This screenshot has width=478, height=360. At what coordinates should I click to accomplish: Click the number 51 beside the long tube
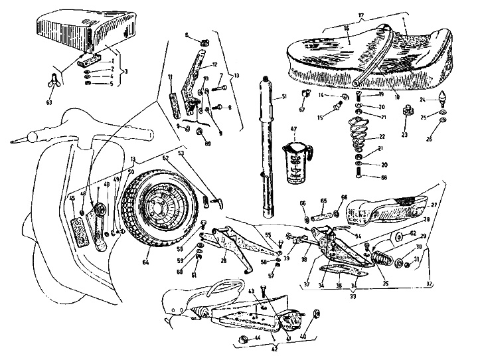(x=283, y=98)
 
